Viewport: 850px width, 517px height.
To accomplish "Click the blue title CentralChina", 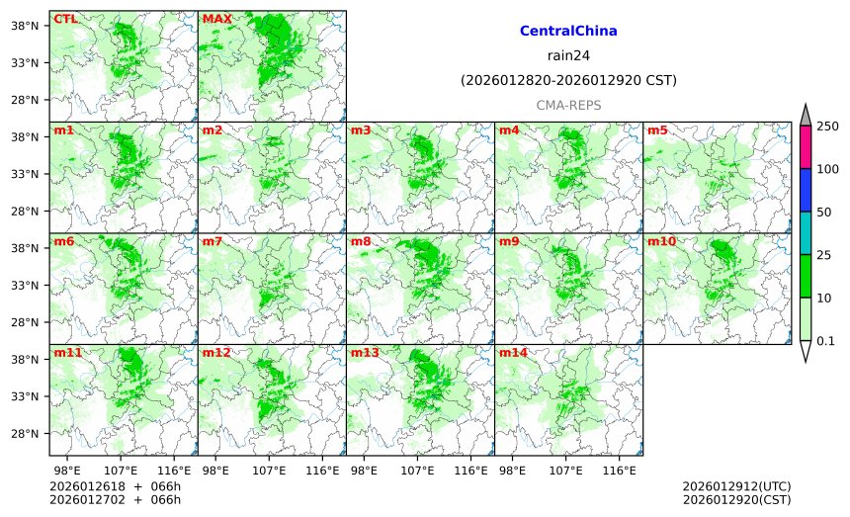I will (x=568, y=32).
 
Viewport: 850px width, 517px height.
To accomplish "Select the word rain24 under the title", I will (x=568, y=56).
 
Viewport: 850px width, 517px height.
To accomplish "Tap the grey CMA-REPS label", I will (x=568, y=105).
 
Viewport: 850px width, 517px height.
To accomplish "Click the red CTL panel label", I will (x=65, y=19).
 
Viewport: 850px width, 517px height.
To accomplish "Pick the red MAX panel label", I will (x=216, y=19).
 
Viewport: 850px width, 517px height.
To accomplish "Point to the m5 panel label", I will (x=657, y=130).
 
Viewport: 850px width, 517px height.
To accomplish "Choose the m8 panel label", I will (x=361, y=241).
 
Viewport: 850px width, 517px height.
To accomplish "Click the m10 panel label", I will (x=661, y=241).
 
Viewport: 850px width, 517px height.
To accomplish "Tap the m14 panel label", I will (x=513, y=353).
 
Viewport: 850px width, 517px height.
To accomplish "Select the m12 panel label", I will (x=216, y=353).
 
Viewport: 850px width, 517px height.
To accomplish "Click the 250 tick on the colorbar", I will (x=827, y=127).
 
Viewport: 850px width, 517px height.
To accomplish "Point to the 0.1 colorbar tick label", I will (x=825, y=341).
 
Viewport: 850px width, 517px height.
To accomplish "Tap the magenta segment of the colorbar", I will (x=806, y=147).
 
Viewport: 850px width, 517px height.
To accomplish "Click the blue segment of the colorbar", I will (x=806, y=190).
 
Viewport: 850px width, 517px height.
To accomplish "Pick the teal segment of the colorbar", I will (x=806, y=233).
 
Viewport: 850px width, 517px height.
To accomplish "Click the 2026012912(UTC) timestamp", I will (x=736, y=486).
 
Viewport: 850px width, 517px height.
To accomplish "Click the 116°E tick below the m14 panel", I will (x=620, y=470).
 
